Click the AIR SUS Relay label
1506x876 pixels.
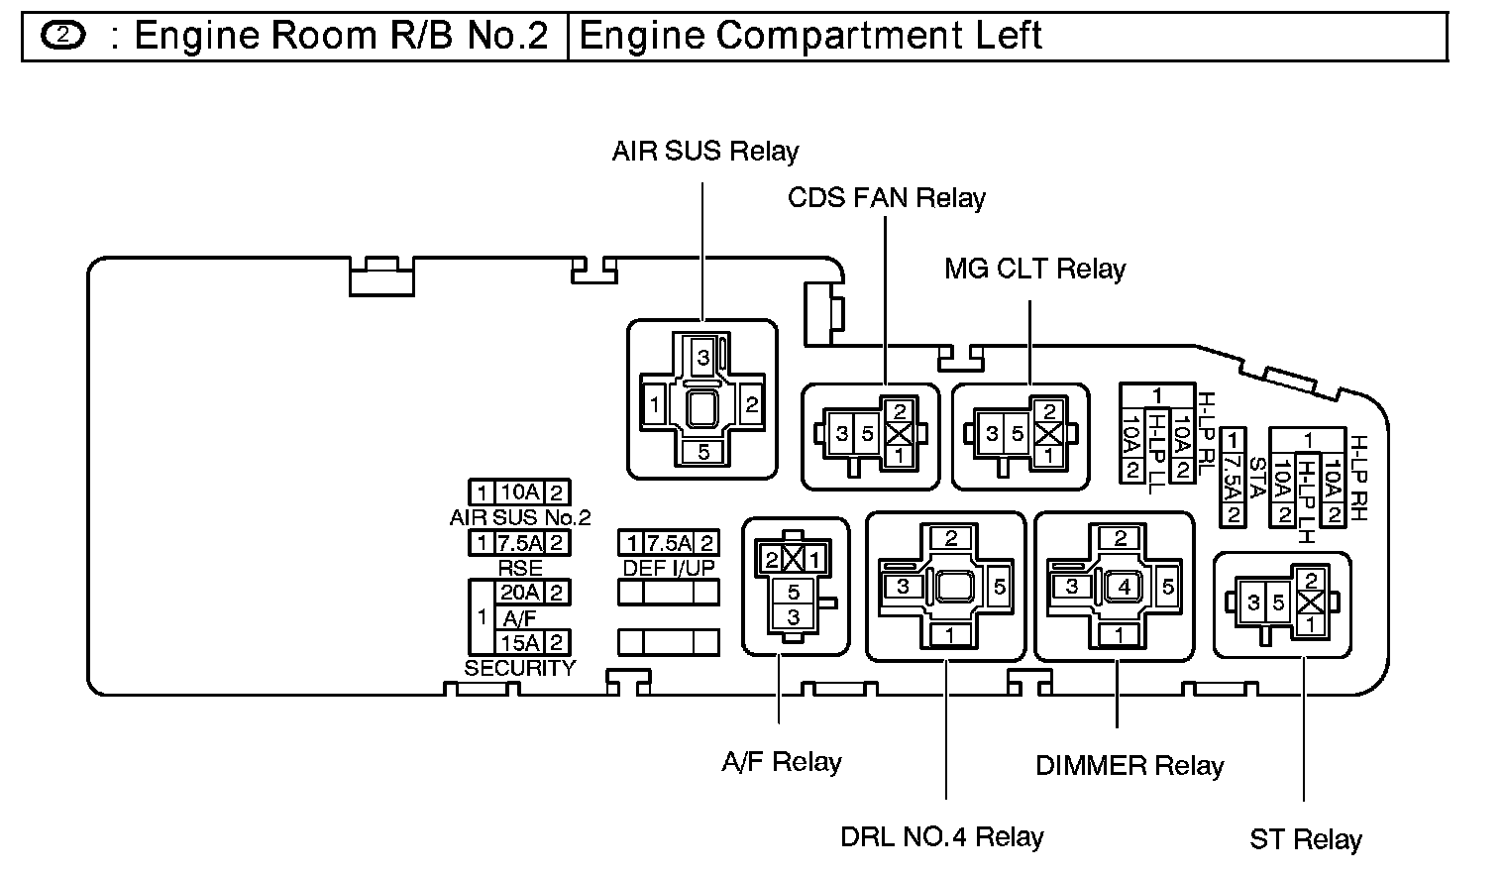click(704, 152)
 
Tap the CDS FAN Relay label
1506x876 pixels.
click(886, 198)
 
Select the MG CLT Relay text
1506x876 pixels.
click(1034, 270)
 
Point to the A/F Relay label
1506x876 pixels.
click(781, 762)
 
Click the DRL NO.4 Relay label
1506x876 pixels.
click(941, 837)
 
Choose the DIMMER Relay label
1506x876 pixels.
click(1129, 766)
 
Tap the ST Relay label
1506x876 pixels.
click(1305, 840)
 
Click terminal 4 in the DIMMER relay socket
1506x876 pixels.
click(1123, 586)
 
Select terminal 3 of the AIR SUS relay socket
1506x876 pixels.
click(702, 358)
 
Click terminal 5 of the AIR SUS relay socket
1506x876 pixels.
click(703, 452)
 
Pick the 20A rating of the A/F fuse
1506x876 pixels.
click(519, 593)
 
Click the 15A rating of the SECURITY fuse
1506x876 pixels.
click(519, 641)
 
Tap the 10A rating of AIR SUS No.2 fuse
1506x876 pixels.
click(518, 493)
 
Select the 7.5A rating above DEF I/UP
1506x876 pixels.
click(669, 543)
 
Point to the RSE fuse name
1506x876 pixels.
click(519, 568)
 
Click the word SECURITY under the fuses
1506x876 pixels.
click(519, 668)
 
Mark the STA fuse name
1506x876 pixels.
click(1255, 476)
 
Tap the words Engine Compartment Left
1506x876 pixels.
click(809, 37)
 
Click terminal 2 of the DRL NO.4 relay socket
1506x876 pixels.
click(951, 539)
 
